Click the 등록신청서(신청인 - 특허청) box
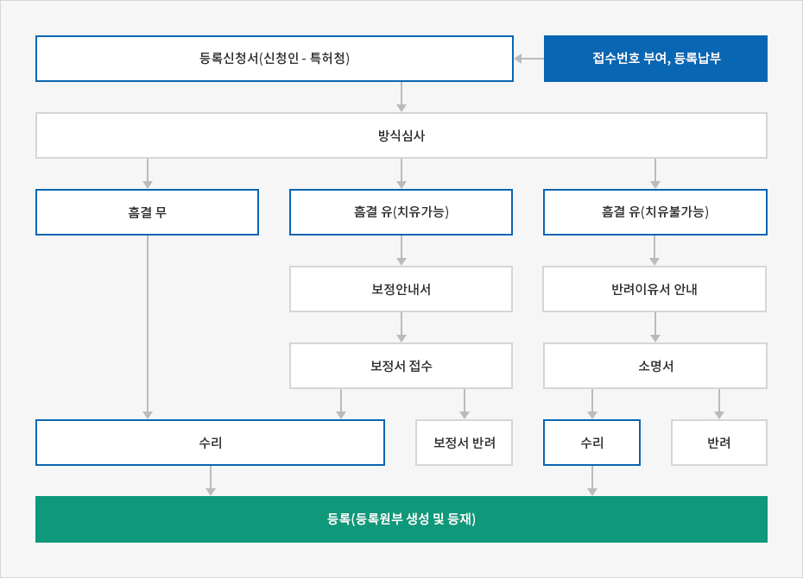275,59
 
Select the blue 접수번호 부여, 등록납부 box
655,59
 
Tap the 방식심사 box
401,135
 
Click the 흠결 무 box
147,212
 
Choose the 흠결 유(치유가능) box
401,212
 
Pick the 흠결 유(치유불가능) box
655,212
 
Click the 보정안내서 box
401,289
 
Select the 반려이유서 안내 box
654,289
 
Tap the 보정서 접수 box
401,366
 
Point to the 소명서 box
655,366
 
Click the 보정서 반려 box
464,443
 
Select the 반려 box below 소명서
719,443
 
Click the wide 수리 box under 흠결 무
210,443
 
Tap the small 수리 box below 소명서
592,443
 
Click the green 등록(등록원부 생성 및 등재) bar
401,519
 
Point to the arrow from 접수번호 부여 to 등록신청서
529,59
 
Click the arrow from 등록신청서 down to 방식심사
401,97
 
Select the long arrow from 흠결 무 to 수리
148,327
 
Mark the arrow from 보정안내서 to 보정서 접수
401,327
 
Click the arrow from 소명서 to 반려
719,404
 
